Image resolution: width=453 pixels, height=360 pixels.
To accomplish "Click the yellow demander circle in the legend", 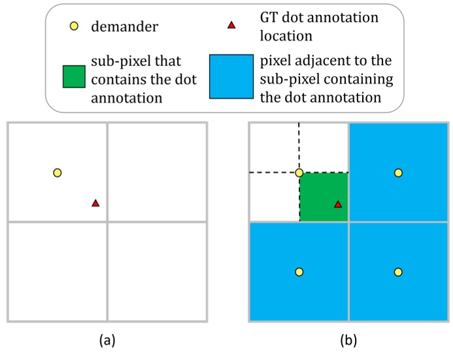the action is point(74,26).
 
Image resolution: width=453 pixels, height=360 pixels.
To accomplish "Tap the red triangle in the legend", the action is point(231,25).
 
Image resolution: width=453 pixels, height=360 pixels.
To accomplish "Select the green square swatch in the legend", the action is point(74,76).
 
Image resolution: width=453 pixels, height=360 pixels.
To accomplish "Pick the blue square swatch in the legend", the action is point(231,76).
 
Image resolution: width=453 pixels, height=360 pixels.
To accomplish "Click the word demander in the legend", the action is point(124,27).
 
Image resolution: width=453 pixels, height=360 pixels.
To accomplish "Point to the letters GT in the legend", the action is point(269,18).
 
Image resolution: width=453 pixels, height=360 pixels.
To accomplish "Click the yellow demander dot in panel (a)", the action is point(58,172).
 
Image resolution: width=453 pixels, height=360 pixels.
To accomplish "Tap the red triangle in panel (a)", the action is point(95,203).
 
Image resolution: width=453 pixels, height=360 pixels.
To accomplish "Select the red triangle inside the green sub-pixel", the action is point(338,205).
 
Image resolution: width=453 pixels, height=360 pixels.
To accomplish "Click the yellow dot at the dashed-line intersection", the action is point(299,172).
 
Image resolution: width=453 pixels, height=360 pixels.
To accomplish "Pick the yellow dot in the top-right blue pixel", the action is point(398,172).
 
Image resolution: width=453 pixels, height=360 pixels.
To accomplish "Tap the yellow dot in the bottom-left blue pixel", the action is point(299,272).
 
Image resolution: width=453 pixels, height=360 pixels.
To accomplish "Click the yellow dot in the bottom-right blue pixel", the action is point(398,272).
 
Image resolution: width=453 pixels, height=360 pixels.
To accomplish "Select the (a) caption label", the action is point(107,340).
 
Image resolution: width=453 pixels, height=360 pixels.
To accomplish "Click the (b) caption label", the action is point(348,340).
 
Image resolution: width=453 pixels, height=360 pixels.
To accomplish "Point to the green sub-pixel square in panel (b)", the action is point(324,197).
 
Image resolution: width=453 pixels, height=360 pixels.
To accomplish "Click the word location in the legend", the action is point(286,36).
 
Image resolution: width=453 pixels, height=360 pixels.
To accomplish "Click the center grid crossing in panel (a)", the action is point(107,221).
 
